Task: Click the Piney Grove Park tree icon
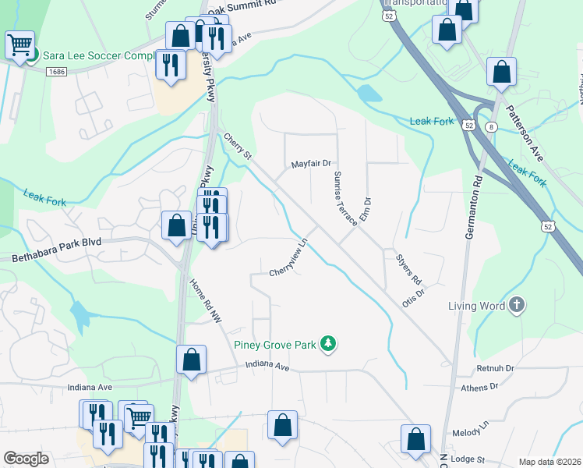point(329,344)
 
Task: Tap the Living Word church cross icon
point(516,306)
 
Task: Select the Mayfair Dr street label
point(311,165)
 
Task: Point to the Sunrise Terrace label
point(345,198)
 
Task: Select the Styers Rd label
point(408,268)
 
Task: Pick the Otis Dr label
point(413,298)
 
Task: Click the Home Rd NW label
point(206,301)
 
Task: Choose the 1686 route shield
point(55,72)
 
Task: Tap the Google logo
point(26,459)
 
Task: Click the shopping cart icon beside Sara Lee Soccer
point(19,44)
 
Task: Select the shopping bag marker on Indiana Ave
point(191,360)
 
